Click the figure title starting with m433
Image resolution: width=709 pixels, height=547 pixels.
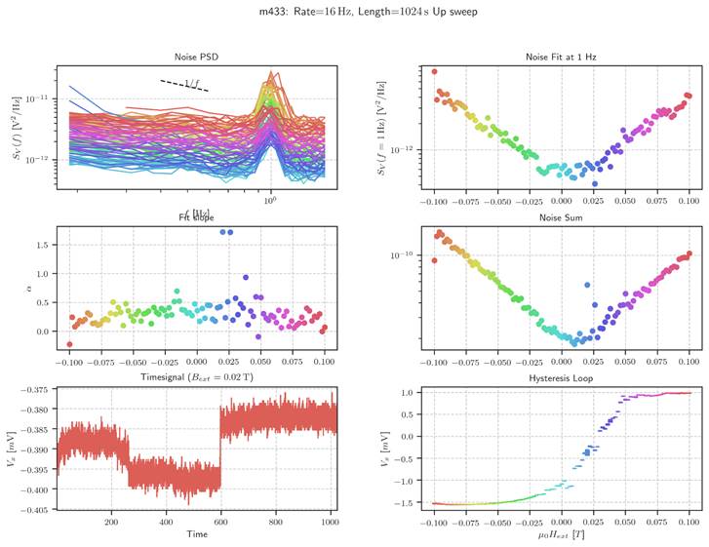click(354, 12)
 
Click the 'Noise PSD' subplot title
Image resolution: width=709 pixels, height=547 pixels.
click(196, 57)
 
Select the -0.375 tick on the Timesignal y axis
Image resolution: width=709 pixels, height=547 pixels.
click(34, 391)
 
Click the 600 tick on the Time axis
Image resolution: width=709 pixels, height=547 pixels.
click(220, 523)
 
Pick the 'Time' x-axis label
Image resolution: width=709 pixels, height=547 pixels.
click(196, 534)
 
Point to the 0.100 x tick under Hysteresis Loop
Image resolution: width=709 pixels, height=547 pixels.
click(689, 523)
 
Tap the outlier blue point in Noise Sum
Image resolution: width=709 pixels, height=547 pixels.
click(586, 285)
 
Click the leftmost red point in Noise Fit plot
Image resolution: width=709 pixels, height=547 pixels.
click(434, 71)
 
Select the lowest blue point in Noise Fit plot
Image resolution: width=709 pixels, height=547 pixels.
click(594, 183)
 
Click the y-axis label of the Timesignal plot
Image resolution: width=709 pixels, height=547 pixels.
click(14, 451)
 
